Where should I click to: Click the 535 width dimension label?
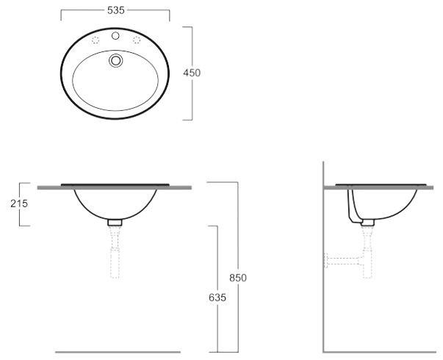(x=116, y=10)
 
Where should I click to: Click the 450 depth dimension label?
(x=192, y=73)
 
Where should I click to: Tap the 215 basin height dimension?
(x=19, y=204)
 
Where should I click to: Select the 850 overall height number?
(x=238, y=278)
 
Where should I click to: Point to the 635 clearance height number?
(x=217, y=298)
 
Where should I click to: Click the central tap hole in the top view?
(x=115, y=36)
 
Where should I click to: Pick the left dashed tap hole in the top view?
(x=96, y=40)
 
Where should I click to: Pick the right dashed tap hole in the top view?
(x=137, y=40)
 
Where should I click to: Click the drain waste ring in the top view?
(x=115, y=60)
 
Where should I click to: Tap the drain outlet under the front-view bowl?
(x=115, y=223)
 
